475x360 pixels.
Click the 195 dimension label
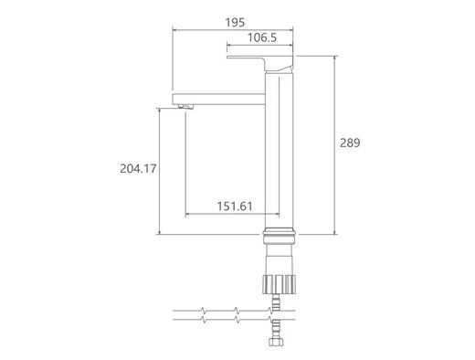click(x=235, y=23)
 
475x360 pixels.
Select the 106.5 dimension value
click(x=262, y=37)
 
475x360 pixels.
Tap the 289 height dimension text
click(x=350, y=143)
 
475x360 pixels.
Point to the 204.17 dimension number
click(x=138, y=168)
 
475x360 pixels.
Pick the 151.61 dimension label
click(x=235, y=206)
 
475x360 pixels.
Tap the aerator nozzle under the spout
click(x=185, y=107)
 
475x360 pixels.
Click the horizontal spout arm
click(x=218, y=99)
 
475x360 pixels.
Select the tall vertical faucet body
click(x=279, y=150)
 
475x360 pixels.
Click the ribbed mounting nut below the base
click(x=280, y=284)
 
